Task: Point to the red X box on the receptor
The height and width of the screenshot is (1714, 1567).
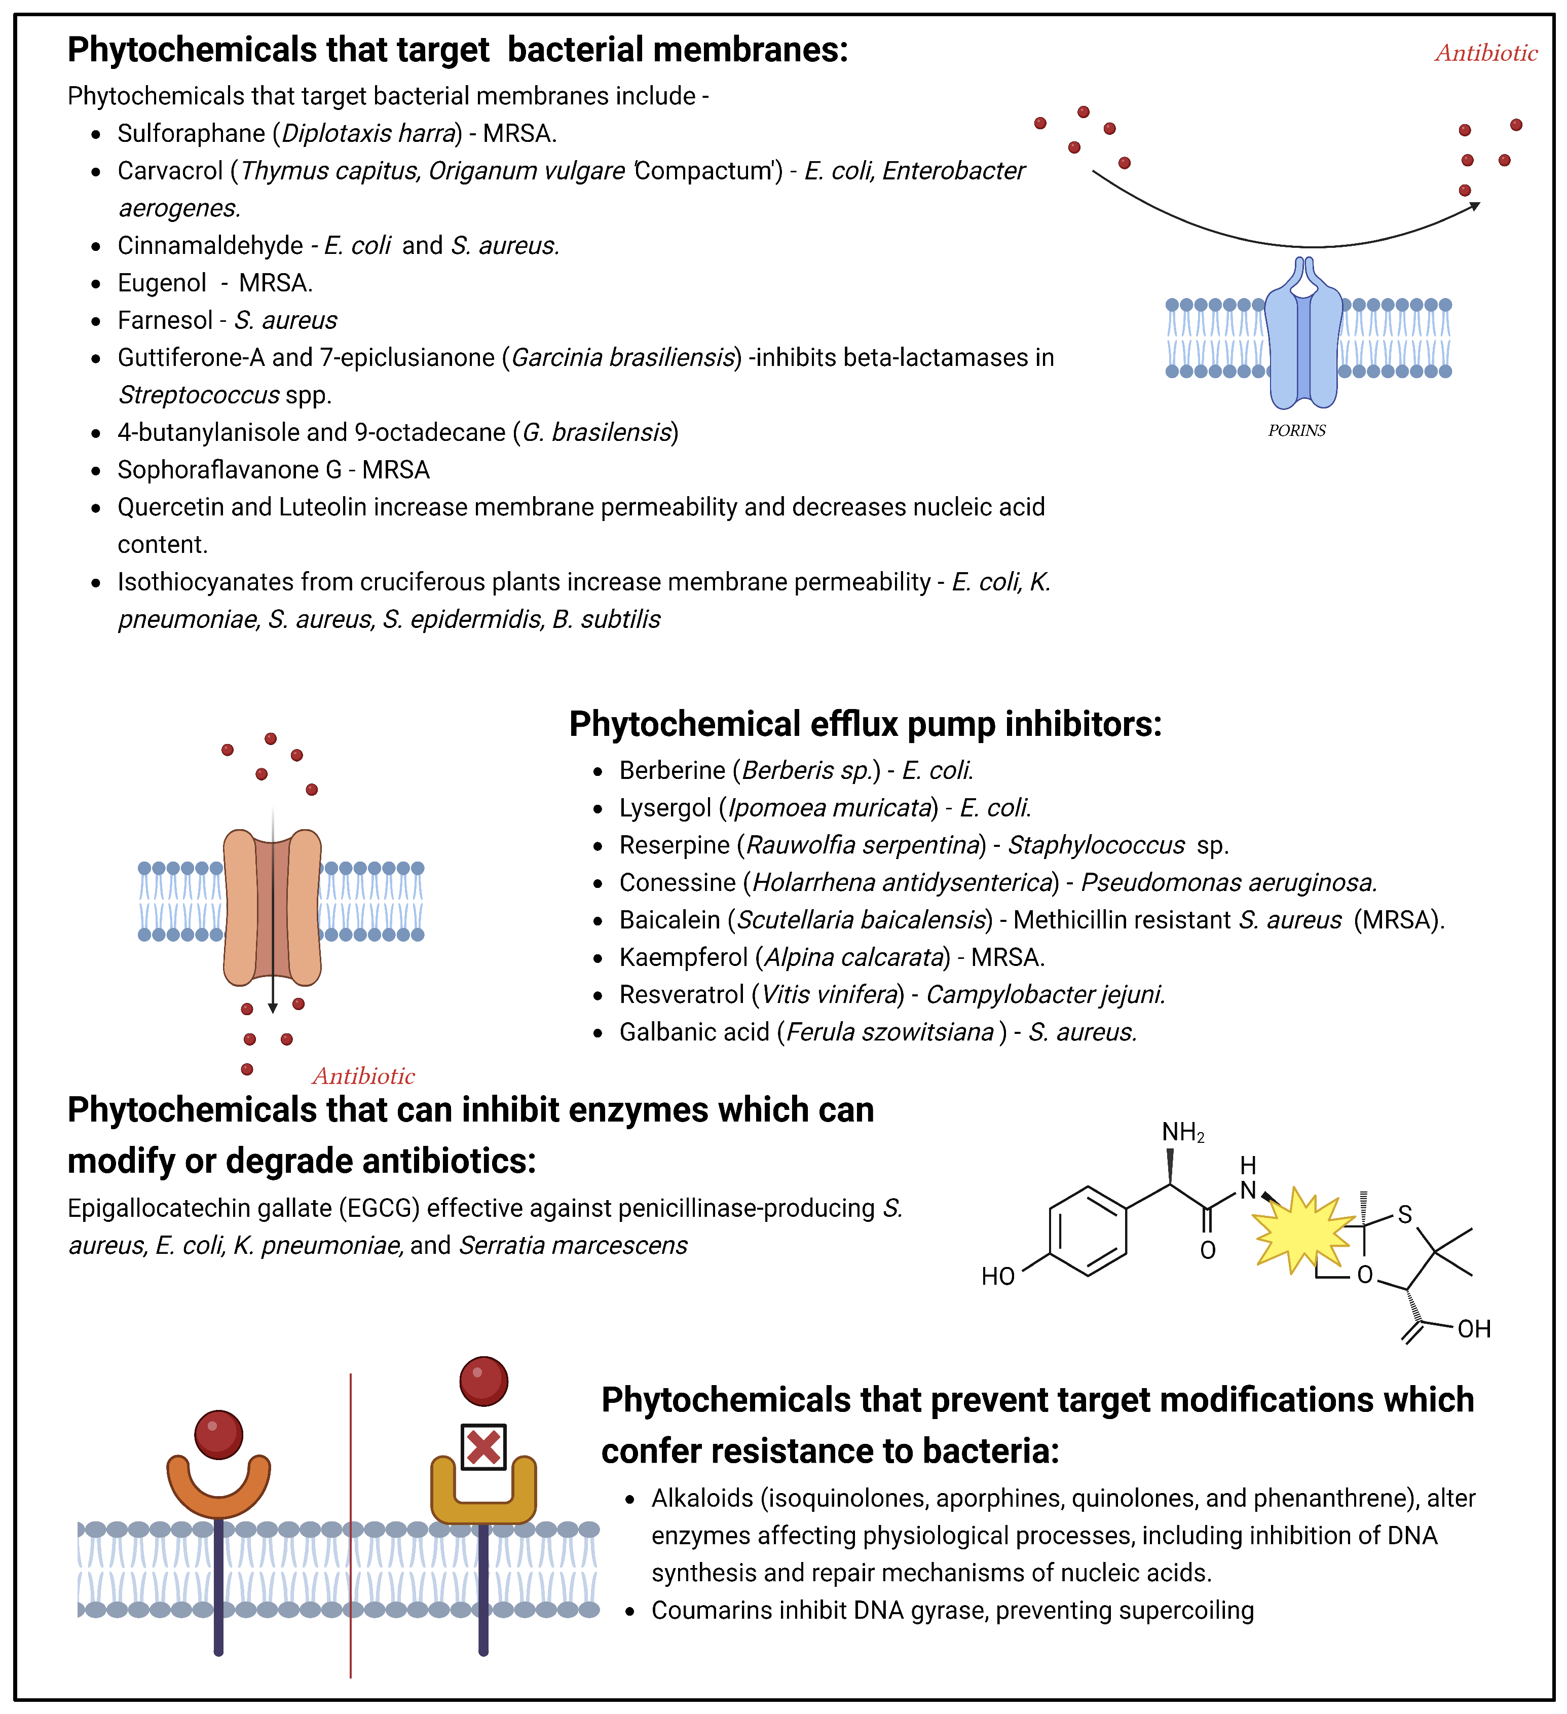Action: coord(483,1447)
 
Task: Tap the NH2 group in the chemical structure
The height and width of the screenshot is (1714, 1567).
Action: coord(1183,1133)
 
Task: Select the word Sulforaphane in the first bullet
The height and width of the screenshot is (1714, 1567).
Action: coord(191,133)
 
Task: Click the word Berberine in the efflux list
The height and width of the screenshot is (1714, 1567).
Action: coord(671,770)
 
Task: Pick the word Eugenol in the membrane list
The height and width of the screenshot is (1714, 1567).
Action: coord(162,283)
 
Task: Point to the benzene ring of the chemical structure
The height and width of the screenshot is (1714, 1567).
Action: coord(1088,1230)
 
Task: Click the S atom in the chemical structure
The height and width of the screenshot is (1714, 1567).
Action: coord(1405,1215)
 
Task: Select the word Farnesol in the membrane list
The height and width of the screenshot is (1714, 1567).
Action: coord(165,320)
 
